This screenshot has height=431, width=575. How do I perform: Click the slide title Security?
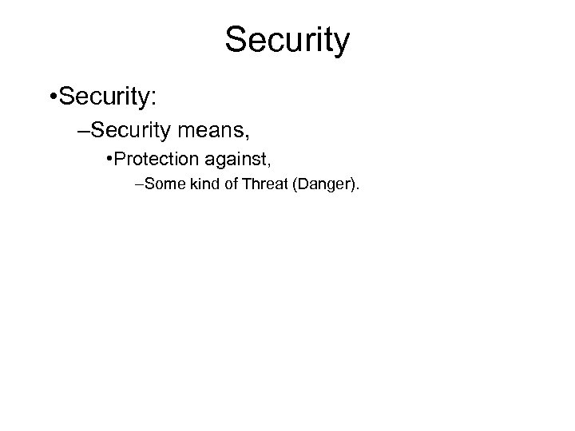click(x=287, y=40)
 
